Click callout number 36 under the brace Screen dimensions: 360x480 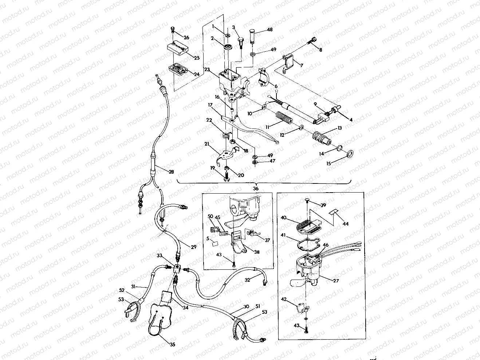click(256, 189)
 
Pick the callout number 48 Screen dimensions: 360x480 click(269, 29)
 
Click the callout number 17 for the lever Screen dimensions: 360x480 click(210, 104)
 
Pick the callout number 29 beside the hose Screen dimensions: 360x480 click(193, 247)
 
